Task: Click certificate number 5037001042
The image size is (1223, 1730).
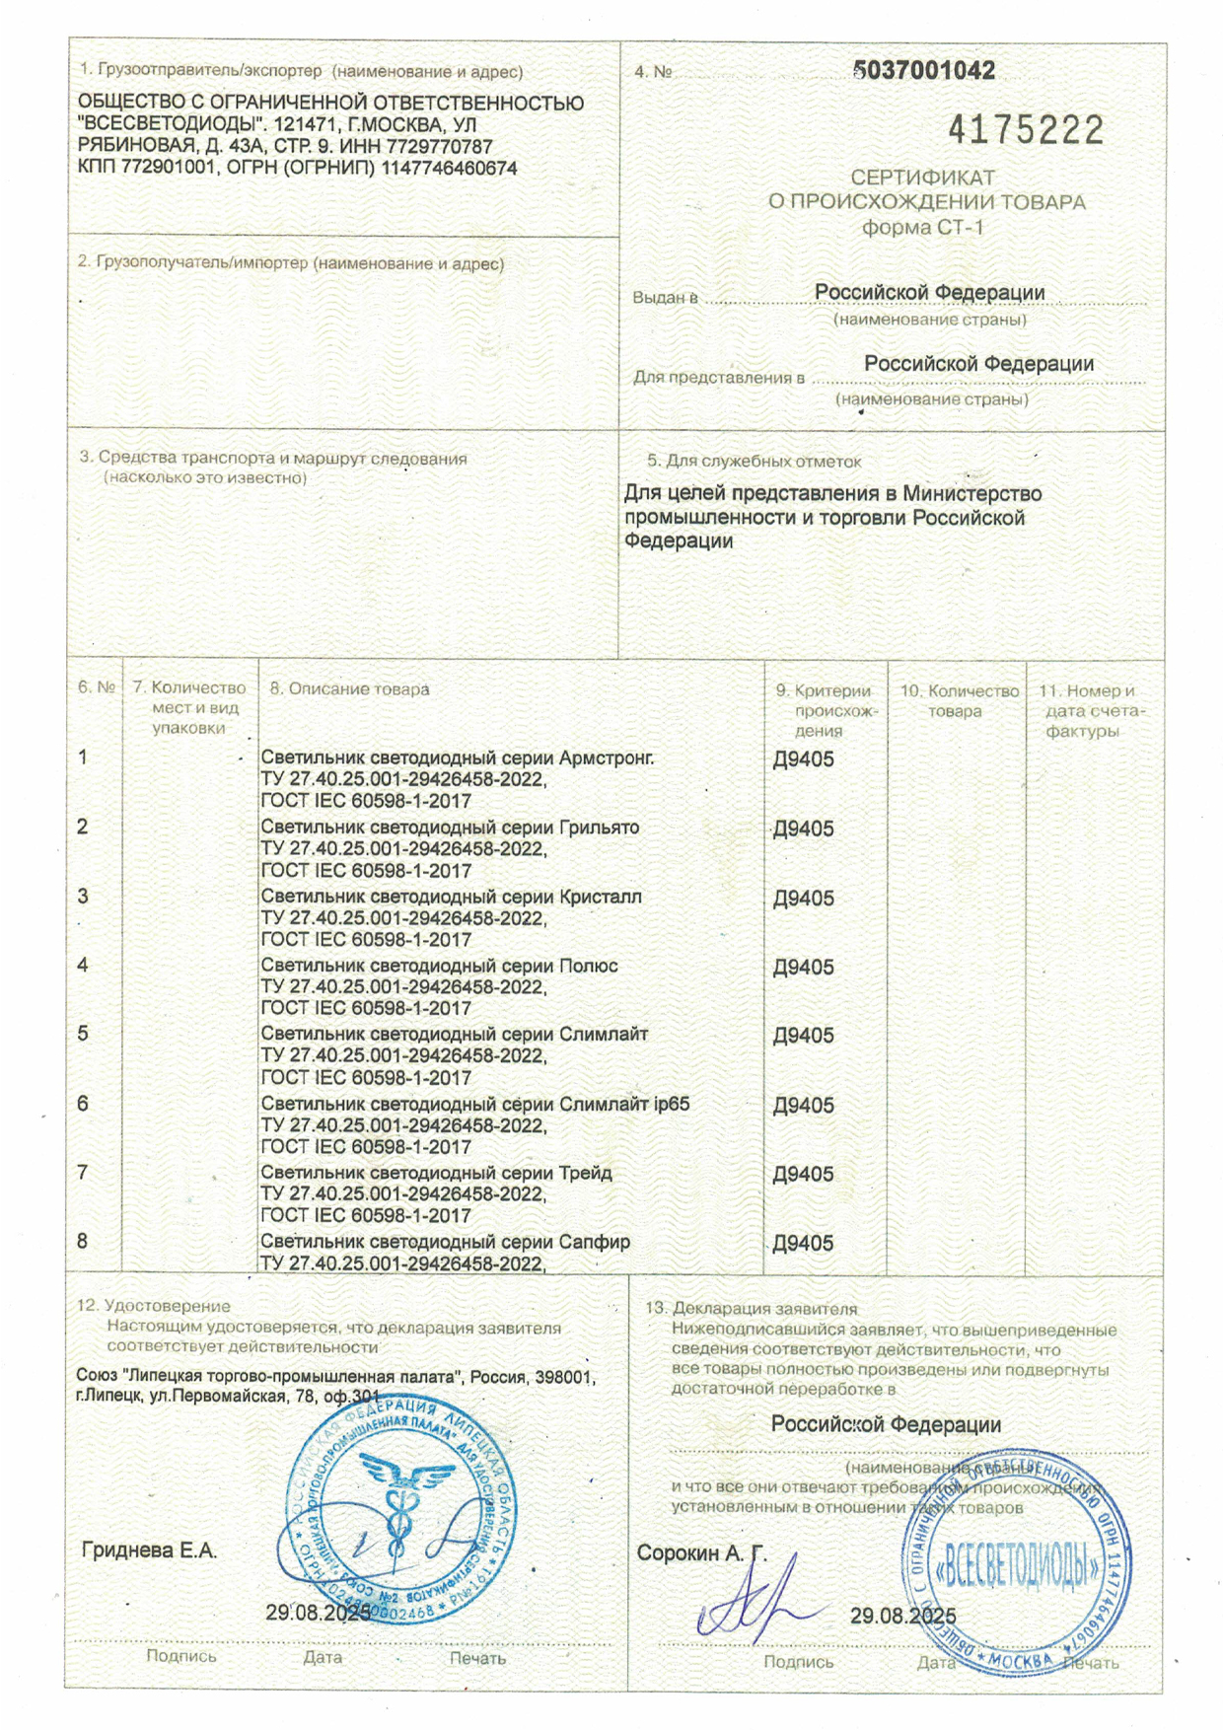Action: (923, 70)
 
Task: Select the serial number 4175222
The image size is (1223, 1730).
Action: (1026, 130)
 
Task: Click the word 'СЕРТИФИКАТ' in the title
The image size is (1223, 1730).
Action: (923, 178)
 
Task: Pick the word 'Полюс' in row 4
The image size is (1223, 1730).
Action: (588, 966)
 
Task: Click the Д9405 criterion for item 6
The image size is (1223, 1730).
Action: (803, 1105)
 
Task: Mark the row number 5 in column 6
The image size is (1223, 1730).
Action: (83, 1034)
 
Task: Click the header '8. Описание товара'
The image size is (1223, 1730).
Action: (349, 689)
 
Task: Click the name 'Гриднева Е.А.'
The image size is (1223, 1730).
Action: (149, 1550)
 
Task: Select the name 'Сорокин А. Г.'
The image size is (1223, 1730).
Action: (701, 1553)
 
